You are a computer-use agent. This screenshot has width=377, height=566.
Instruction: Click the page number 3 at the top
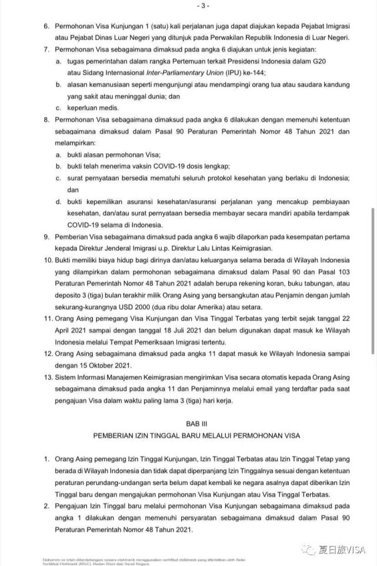click(x=189, y=6)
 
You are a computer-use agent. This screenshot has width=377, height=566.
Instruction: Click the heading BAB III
click(x=189, y=423)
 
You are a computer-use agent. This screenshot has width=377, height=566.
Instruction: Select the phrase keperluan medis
click(x=92, y=108)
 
